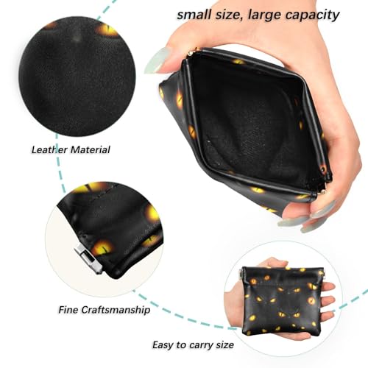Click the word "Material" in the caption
click(x=91, y=149)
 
